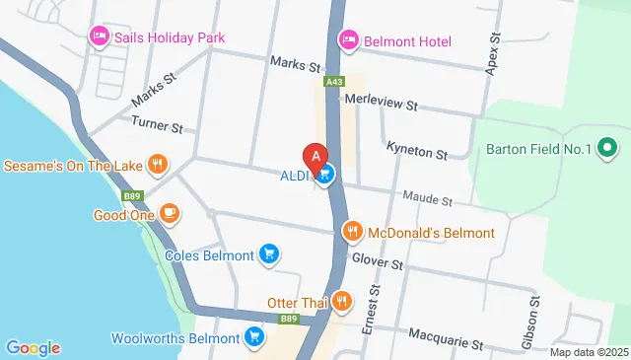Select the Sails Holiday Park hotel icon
click(99, 37)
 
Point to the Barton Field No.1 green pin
click(607, 150)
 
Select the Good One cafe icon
click(169, 213)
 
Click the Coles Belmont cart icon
click(268, 254)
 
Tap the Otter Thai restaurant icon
click(341, 302)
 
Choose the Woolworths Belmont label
click(175, 337)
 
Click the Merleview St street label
click(382, 103)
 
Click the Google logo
click(33, 347)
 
